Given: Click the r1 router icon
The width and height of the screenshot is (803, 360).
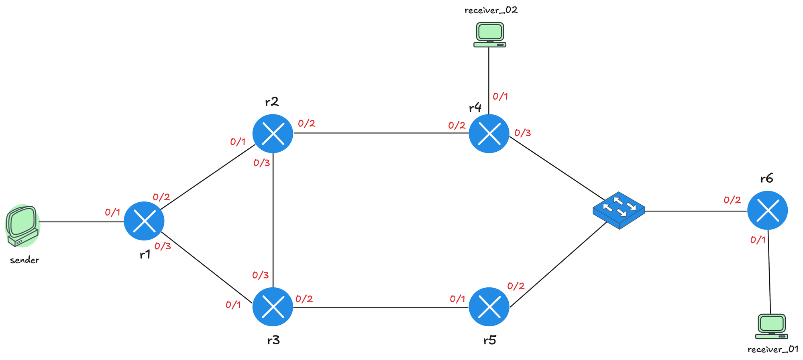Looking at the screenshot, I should pyautogui.click(x=144, y=221).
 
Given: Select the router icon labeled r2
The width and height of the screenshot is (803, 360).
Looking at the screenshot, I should pyautogui.click(x=273, y=133).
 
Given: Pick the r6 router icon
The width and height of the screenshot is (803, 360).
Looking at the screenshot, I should pyautogui.click(x=767, y=210).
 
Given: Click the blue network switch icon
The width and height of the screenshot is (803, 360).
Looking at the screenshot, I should pyautogui.click(x=619, y=210).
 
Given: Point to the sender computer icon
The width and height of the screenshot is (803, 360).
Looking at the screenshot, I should pyautogui.click(x=22, y=226).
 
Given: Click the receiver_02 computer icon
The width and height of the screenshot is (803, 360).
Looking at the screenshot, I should pyautogui.click(x=490, y=35).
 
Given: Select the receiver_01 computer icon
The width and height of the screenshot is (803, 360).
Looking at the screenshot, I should pyautogui.click(x=771, y=326).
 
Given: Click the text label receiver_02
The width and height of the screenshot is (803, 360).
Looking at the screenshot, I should pyautogui.click(x=491, y=10).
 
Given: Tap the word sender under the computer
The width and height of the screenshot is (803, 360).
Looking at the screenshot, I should pyautogui.click(x=24, y=260).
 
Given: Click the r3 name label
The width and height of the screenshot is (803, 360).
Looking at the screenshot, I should pyautogui.click(x=273, y=341).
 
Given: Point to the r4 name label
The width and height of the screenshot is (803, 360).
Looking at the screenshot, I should pyautogui.click(x=475, y=108).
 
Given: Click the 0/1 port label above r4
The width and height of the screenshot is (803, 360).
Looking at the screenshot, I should pyautogui.click(x=500, y=96).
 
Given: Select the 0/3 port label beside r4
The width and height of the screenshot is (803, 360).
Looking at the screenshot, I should pyautogui.click(x=522, y=133).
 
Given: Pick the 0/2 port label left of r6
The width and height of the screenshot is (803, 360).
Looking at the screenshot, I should pyautogui.click(x=732, y=200).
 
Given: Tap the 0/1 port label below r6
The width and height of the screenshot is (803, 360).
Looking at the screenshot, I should pyautogui.click(x=758, y=240).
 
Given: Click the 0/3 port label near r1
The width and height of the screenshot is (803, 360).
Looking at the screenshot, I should pyautogui.click(x=163, y=246).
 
